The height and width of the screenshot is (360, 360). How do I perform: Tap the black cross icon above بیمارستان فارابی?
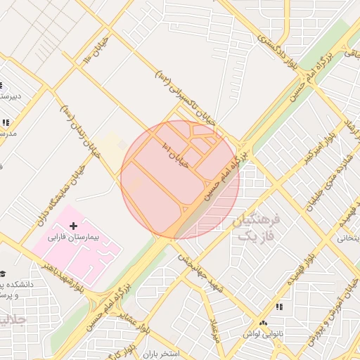pyautogui.click(x=74, y=226)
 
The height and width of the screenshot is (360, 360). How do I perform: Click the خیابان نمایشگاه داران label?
pyautogui.click(x=59, y=193)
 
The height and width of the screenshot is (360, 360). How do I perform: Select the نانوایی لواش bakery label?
pyautogui.click(x=269, y=328)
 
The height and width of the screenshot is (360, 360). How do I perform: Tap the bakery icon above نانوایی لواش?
pyautogui.click(x=279, y=307)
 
